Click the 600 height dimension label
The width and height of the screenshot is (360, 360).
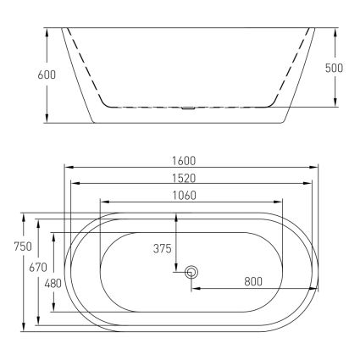coord(47,75)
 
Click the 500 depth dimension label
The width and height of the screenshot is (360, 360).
coord(334,68)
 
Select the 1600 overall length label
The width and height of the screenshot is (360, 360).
coord(184,161)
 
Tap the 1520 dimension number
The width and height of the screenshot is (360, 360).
coord(184,178)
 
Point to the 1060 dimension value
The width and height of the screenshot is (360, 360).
coord(184,195)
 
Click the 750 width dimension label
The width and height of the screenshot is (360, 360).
coord(23,246)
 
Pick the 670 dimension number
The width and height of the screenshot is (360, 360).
coord(38,267)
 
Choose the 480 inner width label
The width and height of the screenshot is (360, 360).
coord(53,284)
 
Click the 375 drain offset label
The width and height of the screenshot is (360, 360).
coord(163,248)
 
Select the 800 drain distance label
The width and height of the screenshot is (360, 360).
coord(253,281)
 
